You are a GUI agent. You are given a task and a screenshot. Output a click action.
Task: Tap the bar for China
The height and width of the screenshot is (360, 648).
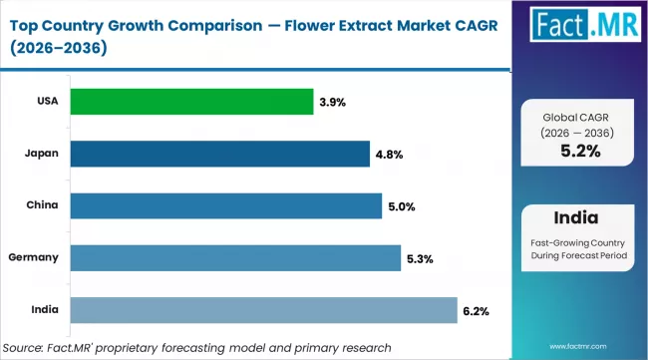click(224, 206)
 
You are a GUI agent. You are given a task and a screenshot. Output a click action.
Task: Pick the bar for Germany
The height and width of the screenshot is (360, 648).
click(233, 258)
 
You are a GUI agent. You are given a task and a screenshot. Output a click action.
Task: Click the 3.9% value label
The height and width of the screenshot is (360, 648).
click(333, 102)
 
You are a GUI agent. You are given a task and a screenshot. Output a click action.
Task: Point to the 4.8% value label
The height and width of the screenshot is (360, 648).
click(389, 155)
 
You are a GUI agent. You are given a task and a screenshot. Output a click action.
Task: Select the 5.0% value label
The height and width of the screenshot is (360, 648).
click(402, 206)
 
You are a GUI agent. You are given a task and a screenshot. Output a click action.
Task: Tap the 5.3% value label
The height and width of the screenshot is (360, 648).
click(420, 259)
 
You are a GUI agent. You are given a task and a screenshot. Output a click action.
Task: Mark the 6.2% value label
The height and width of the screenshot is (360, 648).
click(476, 311)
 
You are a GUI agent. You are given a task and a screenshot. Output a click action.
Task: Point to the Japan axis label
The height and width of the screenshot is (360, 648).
click(41, 154)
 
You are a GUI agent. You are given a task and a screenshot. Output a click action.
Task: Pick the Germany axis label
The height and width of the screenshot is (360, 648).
click(33, 258)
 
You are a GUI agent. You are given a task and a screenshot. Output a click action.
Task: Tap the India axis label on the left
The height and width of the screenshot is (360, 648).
click(44, 311)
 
